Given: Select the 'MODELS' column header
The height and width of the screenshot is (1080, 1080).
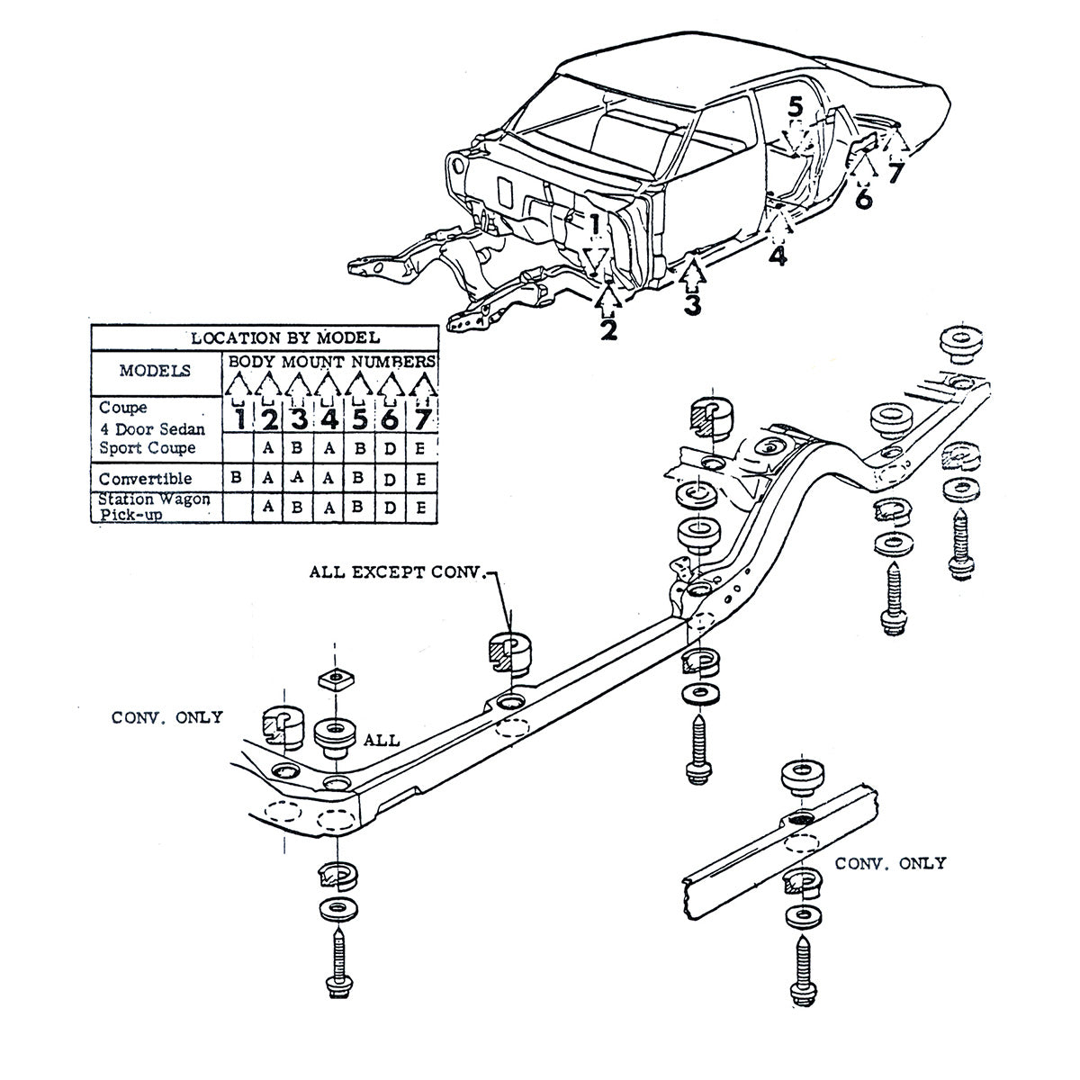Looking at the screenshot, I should click(x=155, y=370).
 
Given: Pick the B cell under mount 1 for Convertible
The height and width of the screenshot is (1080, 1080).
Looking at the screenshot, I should click(x=236, y=479).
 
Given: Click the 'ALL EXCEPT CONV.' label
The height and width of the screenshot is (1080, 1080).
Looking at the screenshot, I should click(x=397, y=571).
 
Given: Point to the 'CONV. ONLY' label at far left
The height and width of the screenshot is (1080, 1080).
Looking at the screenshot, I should click(x=166, y=717).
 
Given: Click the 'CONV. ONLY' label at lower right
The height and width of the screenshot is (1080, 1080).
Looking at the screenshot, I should click(x=890, y=863).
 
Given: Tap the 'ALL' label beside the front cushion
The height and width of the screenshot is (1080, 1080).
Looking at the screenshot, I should click(x=382, y=741).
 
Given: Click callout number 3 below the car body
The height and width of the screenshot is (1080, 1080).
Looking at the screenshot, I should click(x=691, y=304).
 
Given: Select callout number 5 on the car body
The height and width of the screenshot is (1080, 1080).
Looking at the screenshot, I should click(x=795, y=107).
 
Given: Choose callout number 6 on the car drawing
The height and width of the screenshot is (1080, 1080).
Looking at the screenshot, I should click(x=863, y=199).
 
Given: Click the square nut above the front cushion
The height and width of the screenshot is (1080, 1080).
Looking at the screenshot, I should click(x=335, y=677).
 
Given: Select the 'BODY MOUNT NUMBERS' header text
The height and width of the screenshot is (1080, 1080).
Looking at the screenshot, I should click(x=330, y=361).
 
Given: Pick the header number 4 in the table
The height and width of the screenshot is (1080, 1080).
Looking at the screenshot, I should click(x=328, y=419).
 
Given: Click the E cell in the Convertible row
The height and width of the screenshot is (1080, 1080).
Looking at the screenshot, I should click(x=420, y=479).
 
